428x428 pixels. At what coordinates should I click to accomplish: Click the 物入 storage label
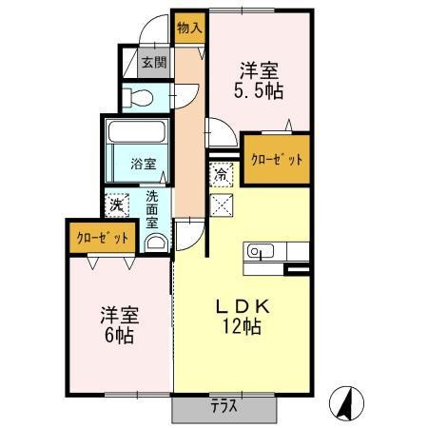(189, 28)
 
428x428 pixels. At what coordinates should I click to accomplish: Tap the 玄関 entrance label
(154, 64)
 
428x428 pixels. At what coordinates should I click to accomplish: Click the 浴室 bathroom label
(143, 163)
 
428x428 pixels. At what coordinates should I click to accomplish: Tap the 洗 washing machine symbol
(116, 204)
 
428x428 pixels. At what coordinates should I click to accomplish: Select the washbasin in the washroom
(157, 242)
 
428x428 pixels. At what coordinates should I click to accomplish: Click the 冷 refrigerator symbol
(221, 175)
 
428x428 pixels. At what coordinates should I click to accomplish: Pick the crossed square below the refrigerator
(221, 202)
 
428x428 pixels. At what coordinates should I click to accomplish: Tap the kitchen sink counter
(276, 252)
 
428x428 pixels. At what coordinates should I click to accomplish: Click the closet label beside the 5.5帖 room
(277, 159)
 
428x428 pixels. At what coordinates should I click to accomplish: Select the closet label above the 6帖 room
(100, 238)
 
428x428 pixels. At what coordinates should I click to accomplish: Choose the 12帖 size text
(243, 327)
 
